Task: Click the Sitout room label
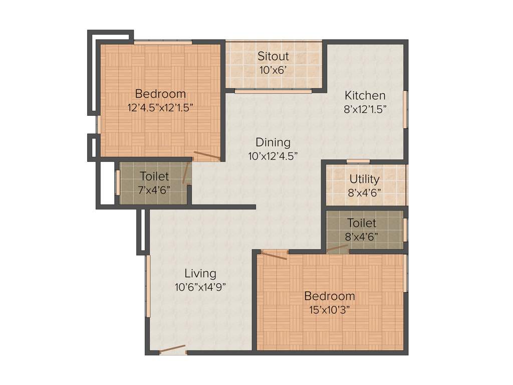click(x=273, y=56)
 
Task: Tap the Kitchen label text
click(x=365, y=95)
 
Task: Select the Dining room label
click(x=273, y=142)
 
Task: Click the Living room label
click(x=200, y=274)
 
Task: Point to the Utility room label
click(x=364, y=179)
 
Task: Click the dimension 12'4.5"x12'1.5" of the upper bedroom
click(x=160, y=107)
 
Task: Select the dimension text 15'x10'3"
click(x=329, y=309)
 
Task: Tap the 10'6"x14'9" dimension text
click(x=200, y=287)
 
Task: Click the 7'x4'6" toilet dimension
click(x=154, y=189)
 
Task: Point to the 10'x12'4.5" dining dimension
click(x=273, y=156)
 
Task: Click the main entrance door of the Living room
click(x=172, y=349)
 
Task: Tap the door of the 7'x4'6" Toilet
click(x=186, y=171)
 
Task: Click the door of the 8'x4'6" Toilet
click(x=338, y=248)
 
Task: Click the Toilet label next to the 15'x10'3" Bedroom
click(x=364, y=223)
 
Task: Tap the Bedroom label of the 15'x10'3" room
click(x=329, y=296)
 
